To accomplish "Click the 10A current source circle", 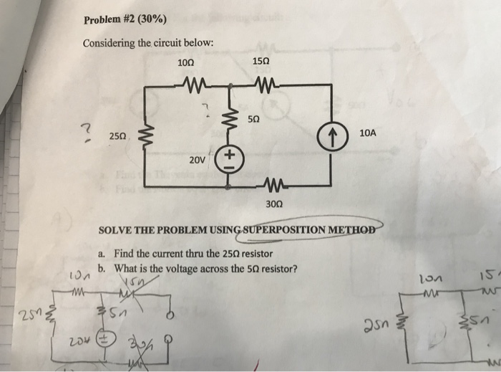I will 332,133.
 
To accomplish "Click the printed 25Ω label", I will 118,134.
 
